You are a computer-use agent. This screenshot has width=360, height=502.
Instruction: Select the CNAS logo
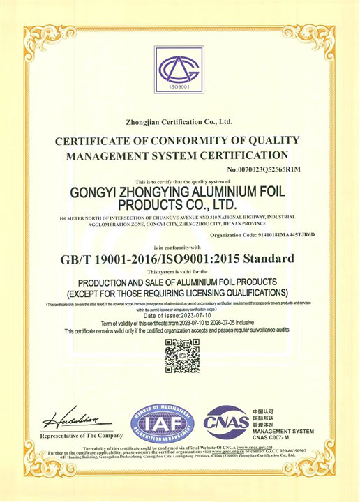pyautogui.click(x=225, y=421)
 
